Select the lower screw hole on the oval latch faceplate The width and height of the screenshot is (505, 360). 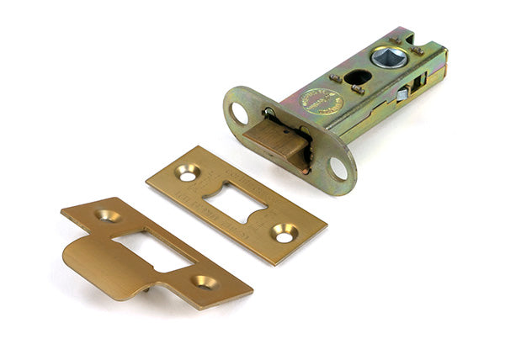(x=338, y=168)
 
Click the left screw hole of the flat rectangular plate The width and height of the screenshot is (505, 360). (x=187, y=173)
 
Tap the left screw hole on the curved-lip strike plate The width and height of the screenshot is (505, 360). (x=107, y=215)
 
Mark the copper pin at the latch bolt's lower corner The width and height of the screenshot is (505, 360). (x=305, y=170)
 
